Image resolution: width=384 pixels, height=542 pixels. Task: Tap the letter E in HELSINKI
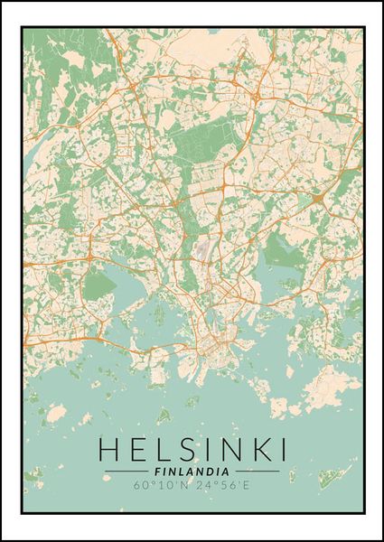click(x=135, y=449)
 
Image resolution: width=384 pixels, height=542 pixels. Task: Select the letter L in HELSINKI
click(x=158, y=449)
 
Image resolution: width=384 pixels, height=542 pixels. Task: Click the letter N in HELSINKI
click(x=222, y=449)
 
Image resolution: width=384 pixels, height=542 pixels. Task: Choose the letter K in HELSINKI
click(x=253, y=449)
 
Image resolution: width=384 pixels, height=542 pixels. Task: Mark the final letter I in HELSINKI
click(x=278, y=449)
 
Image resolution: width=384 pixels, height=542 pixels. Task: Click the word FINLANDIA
click(x=192, y=471)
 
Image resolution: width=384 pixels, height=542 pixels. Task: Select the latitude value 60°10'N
click(x=165, y=486)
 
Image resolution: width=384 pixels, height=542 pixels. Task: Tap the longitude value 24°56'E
click(x=220, y=486)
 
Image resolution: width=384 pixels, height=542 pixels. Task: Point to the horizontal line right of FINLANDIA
click(x=258, y=472)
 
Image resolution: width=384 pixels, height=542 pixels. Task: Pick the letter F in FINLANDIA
click(x=158, y=471)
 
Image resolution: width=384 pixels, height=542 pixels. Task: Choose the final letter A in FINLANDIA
click(x=226, y=471)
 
